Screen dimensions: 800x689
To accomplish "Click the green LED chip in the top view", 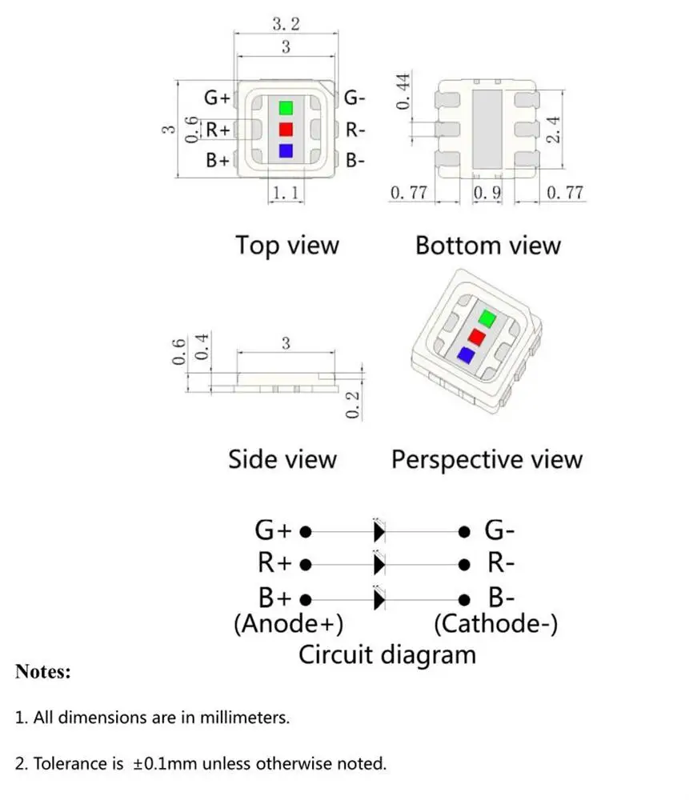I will [x=286, y=108].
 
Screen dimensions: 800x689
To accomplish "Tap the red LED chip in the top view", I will [x=286, y=129].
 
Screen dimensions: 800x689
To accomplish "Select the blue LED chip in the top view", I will [x=286, y=150].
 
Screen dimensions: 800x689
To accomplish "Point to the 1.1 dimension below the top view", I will [x=286, y=193].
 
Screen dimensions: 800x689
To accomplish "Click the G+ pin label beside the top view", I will [x=218, y=98].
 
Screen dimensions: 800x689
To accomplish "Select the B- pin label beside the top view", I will [x=355, y=160].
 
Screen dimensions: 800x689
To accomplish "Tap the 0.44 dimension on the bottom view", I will [x=404, y=90].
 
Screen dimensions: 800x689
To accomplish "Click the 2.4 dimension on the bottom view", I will [x=552, y=129].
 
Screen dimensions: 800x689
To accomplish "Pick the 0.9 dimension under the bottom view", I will [x=487, y=193].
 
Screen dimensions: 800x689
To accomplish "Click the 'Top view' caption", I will [x=286, y=245].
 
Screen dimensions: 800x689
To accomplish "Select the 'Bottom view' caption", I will [x=487, y=245].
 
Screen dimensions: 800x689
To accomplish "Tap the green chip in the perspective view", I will [x=485, y=318].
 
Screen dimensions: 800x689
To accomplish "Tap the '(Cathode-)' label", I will [x=495, y=623].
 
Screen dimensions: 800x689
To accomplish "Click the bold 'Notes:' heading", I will [x=43, y=671].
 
